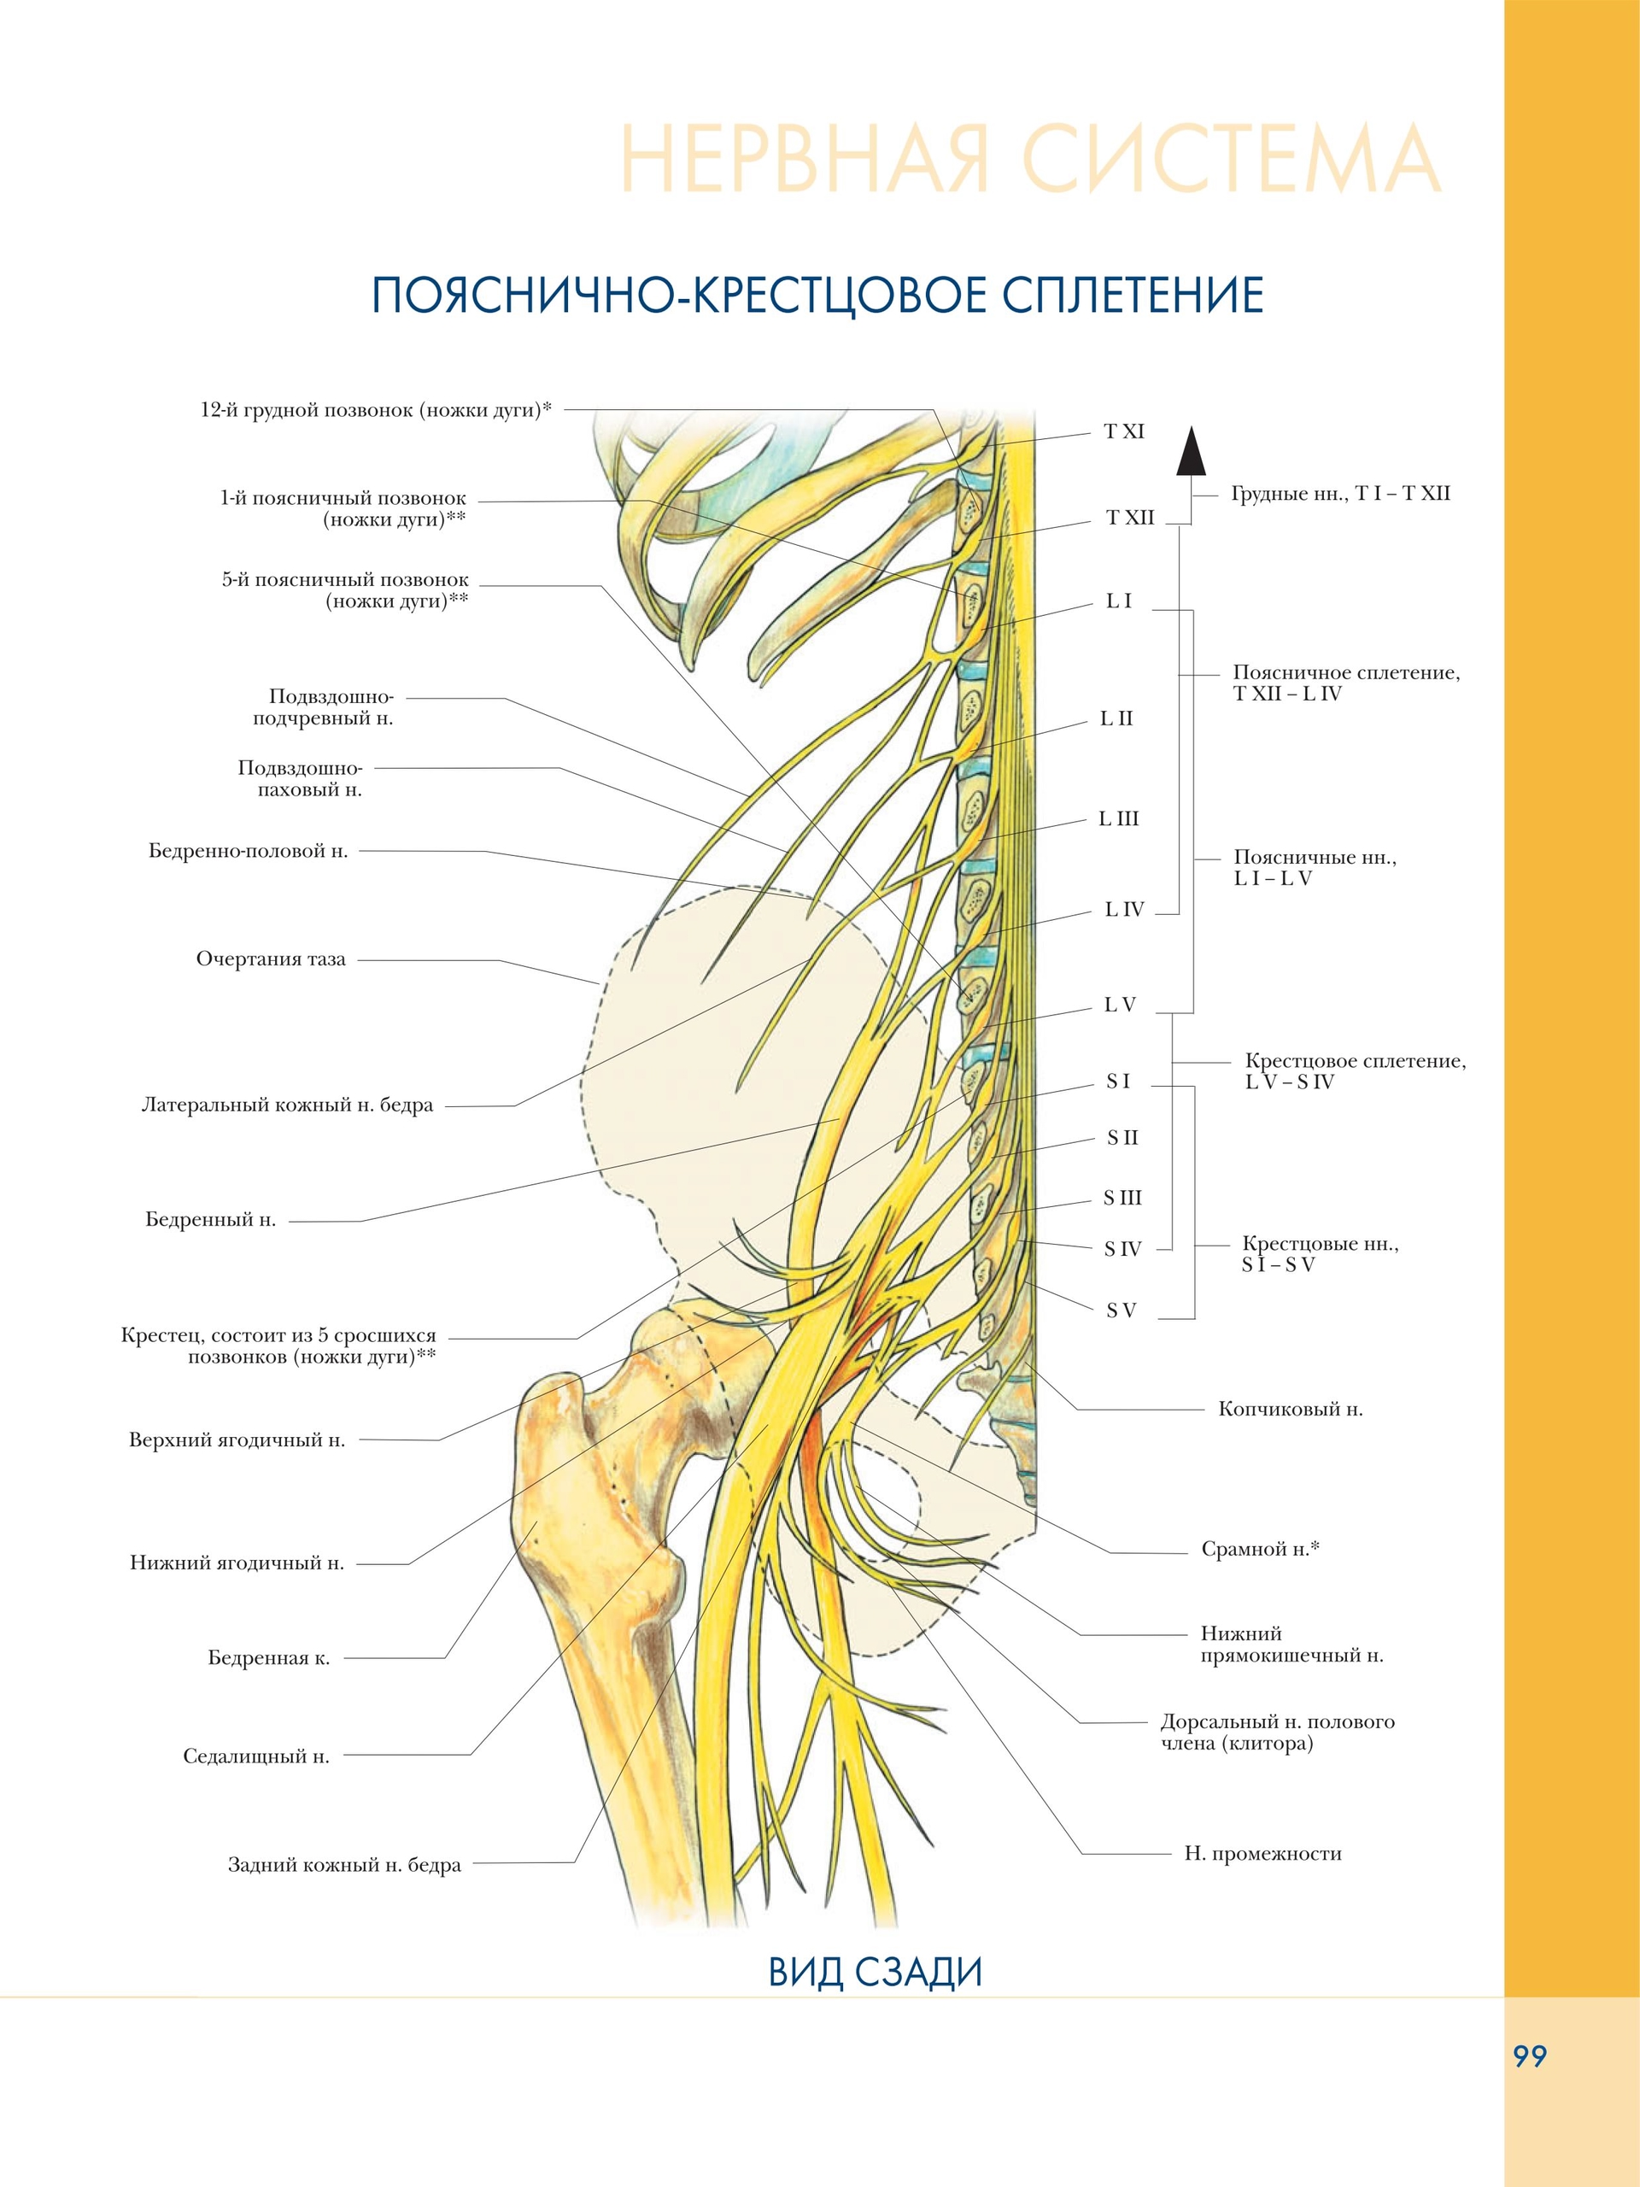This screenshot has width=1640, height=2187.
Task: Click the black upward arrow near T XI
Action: [1190, 454]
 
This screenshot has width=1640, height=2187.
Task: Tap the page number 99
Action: [1529, 2056]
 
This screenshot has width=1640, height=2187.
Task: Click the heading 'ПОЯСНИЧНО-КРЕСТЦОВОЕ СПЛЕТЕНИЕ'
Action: [817, 295]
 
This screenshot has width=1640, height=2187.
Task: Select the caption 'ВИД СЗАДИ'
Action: [875, 1972]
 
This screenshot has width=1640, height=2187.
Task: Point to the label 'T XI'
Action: [1124, 431]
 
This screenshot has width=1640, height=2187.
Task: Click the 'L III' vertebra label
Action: [1118, 818]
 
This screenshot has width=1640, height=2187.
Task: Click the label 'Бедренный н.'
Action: [211, 1219]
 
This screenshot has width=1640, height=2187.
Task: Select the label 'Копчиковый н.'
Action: [1290, 1409]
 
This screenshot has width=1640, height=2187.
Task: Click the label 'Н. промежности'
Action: [1262, 1853]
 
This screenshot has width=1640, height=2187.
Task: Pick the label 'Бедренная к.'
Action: [269, 1658]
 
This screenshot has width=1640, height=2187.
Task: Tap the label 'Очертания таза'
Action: [271, 959]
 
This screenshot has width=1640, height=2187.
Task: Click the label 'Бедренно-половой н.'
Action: [248, 850]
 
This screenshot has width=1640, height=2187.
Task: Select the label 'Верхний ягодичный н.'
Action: [237, 1439]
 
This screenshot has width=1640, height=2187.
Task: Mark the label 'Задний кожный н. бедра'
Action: [344, 1865]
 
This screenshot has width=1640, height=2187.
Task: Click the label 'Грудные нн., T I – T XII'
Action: [1340, 494]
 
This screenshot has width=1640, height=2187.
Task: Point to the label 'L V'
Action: [1120, 1005]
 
